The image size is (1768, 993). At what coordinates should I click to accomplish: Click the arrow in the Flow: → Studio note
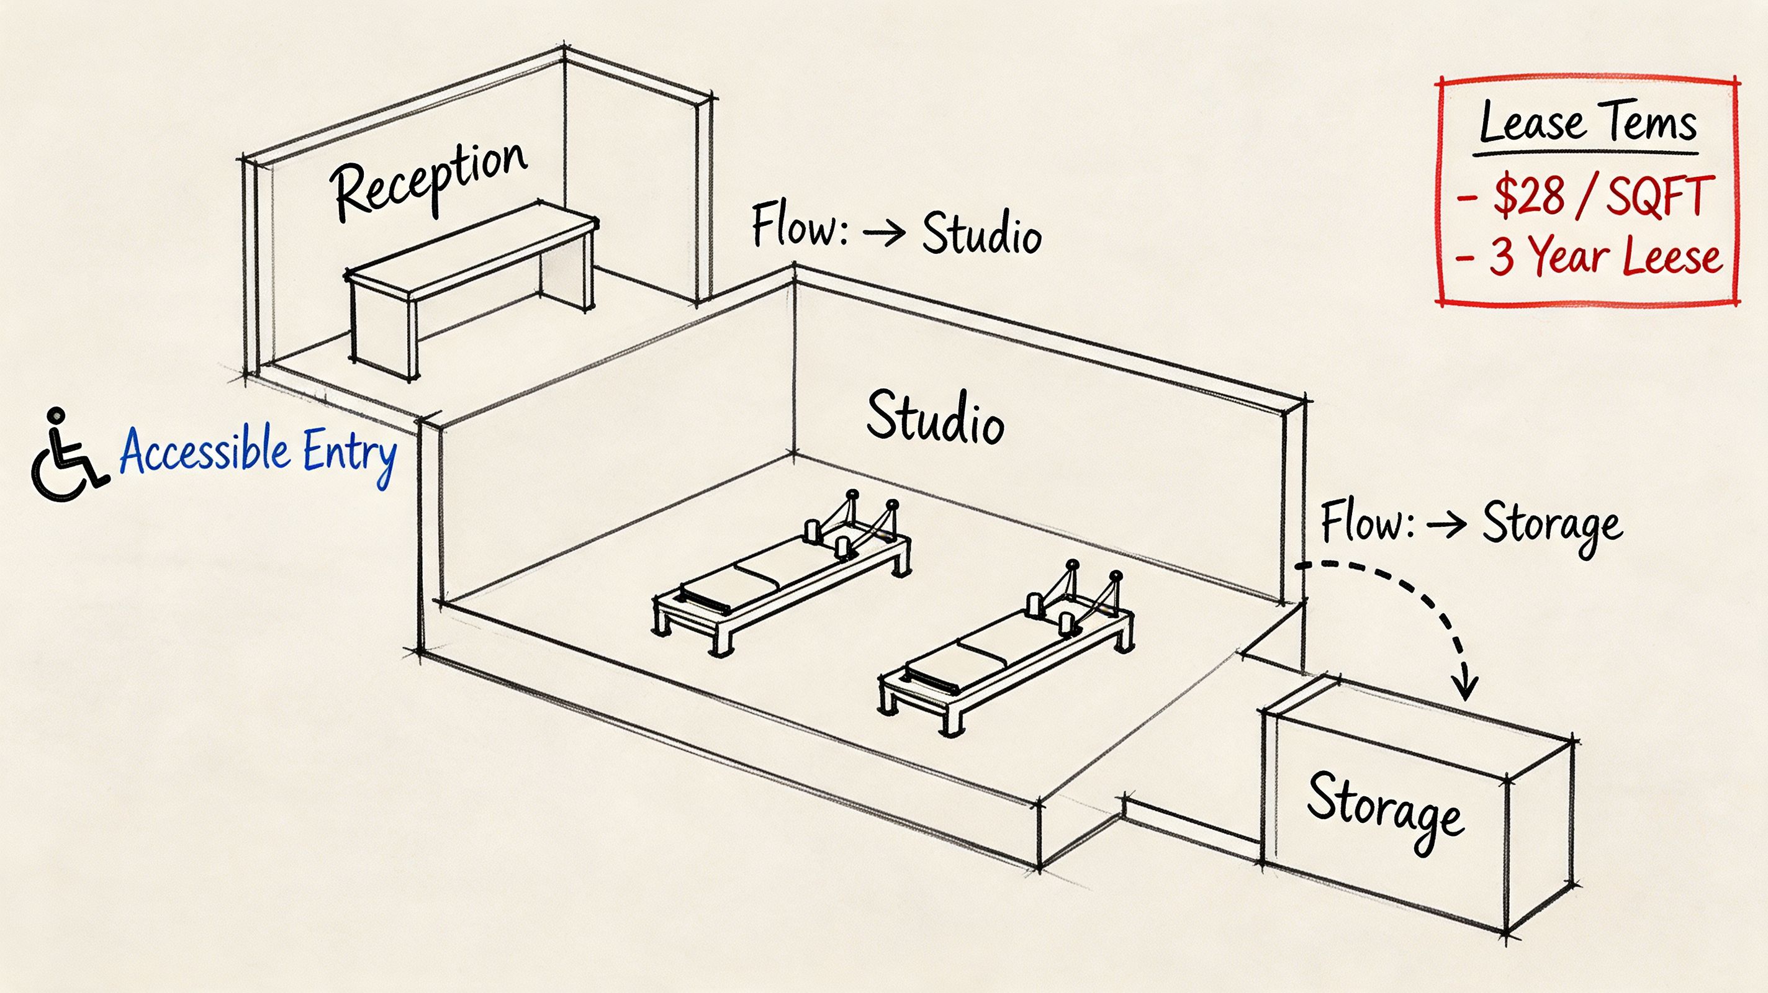tap(884, 234)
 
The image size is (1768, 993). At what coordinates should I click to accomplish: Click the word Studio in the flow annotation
tap(981, 233)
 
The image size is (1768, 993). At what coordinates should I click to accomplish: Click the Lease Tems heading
tap(1587, 124)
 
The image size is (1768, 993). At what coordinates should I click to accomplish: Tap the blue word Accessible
tap(204, 451)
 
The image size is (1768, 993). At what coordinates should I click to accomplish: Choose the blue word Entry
tap(350, 453)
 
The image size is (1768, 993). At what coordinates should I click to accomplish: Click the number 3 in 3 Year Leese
tap(1502, 258)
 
